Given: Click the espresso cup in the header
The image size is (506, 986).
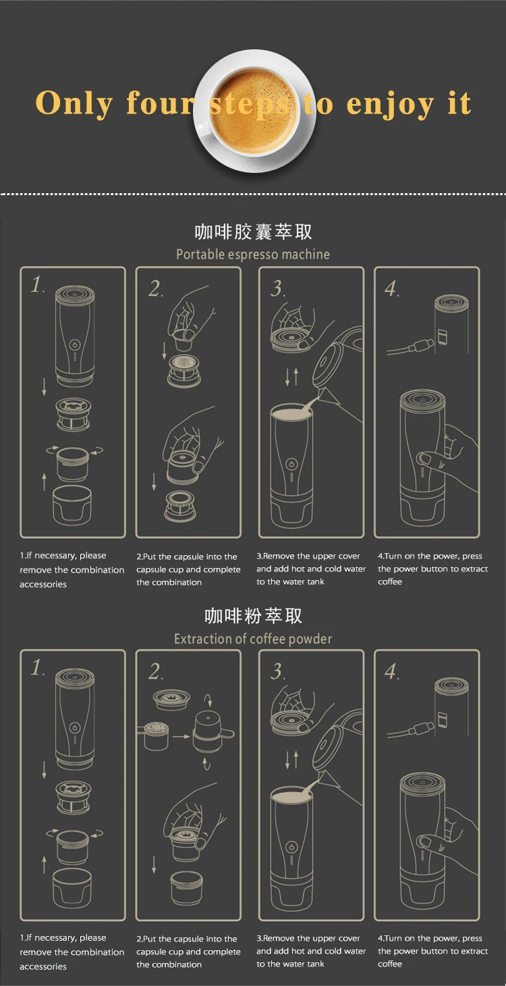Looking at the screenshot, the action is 256,111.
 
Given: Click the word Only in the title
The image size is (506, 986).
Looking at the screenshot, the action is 74,104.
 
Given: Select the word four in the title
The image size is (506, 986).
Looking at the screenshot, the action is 160,103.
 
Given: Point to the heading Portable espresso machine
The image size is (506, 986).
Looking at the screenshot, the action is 253,255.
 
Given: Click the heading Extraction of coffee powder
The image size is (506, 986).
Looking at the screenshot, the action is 253,639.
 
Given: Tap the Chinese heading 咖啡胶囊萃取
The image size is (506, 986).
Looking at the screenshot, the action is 253,232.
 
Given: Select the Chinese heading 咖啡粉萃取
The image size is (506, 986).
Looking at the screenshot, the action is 253,616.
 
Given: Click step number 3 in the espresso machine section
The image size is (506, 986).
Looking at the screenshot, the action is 278,289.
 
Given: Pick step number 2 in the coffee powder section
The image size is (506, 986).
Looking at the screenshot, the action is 156,672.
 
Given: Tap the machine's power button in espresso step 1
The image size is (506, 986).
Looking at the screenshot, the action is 75,344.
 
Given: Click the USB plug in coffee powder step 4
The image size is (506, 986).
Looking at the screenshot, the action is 418,731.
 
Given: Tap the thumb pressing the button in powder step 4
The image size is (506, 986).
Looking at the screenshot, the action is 426,841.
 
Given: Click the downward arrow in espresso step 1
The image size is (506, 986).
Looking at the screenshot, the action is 44,386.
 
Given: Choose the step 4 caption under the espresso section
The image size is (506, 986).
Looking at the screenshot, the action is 432,569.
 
